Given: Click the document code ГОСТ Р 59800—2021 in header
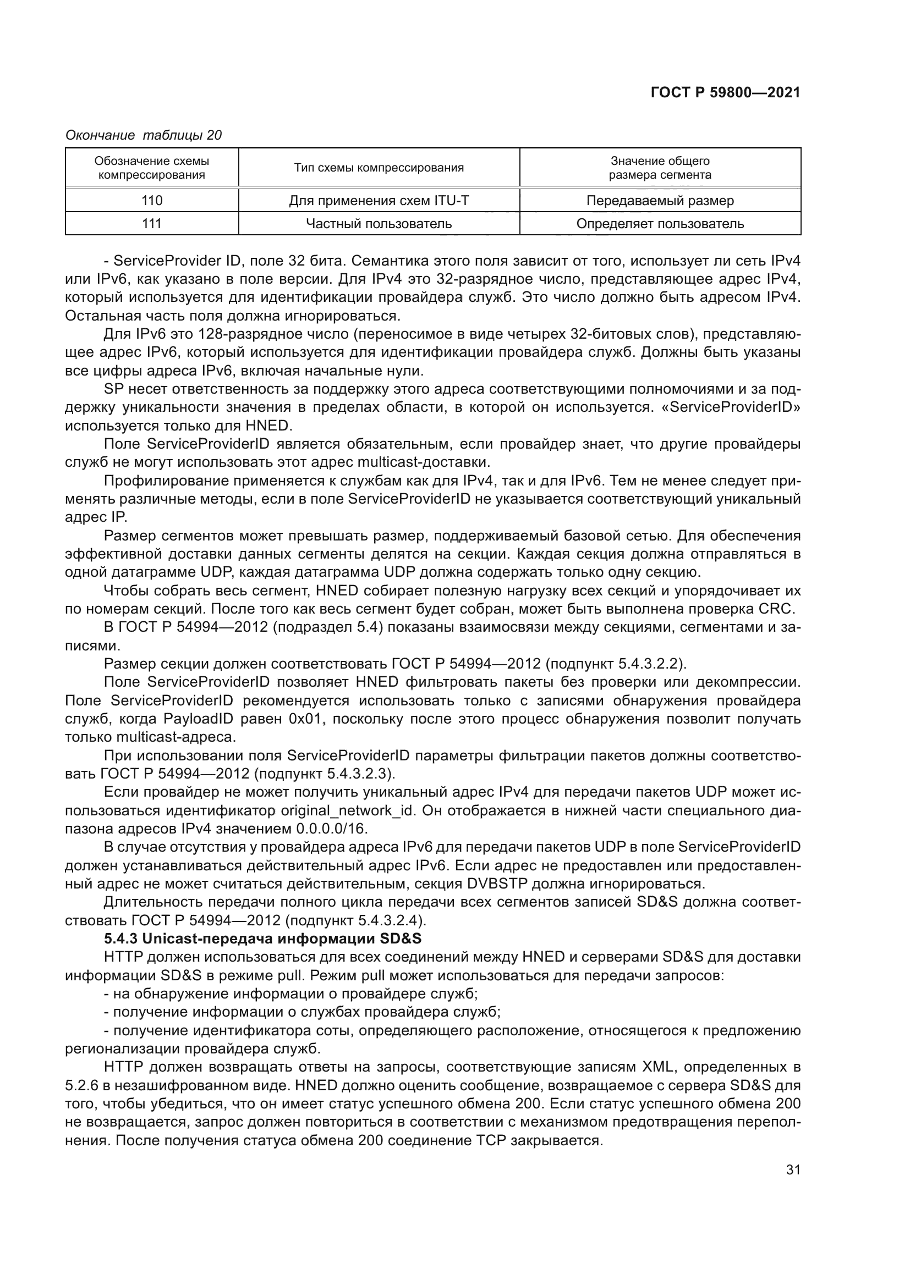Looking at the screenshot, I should pyautogui.click(x=725, y=93).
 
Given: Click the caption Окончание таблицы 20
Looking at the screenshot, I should pyautogui.click(x=144, y=135).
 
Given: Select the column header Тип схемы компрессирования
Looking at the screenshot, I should pyautogui.click(x=379, y=168).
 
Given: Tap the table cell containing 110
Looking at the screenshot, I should pyautogui.click(x=152, y=201).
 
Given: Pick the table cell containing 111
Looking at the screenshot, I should pyautogui.click(x=152, y=223).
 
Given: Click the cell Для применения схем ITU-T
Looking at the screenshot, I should pyautogui.click(x=379, y=201).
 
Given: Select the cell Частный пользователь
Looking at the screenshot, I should pyautogui.click(x=379, y=223).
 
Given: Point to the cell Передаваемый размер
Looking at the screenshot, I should pyautogui.click(x=660, y=201).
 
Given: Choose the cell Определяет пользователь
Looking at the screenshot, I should pyautogui.click(x=660, y=223).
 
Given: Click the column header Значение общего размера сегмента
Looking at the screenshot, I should pyautogui.click(x=660, y=168).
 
